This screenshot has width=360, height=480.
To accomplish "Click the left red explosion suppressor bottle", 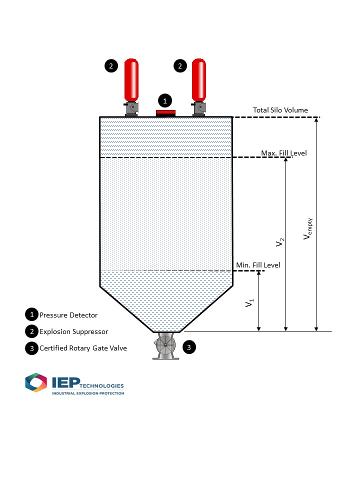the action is click(x=131, y=80).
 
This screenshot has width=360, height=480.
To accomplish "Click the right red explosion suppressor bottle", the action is click(x=199, y=80).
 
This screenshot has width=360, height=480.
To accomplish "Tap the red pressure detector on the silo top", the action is click(x=165, y=113).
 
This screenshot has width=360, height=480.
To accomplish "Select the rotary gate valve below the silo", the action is click(x=165, y=345).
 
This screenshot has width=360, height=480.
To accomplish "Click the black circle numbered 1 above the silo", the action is click(x=165, y=100).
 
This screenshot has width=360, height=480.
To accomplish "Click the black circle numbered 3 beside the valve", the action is click(x=189, y=347).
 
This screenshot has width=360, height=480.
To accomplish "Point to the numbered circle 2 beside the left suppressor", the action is click(x=111, y=66).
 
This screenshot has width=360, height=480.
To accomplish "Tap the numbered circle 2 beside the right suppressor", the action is click(x=180, y=66).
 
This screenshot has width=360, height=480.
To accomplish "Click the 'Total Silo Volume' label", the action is click(x=280, y=110).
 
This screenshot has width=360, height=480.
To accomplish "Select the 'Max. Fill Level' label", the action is click(x=284, y=153).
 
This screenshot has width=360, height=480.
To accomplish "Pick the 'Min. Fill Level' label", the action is click(x=258, y=265).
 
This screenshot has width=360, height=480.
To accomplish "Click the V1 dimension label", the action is click(x=249, y=303).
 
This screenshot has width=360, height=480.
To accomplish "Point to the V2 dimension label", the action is click(x=280, y=242).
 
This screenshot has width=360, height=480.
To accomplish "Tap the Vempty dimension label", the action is click(x=307, y=228).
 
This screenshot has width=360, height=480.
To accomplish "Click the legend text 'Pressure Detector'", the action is click(x=68, y=315).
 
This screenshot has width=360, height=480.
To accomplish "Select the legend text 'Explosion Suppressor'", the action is click(x=74, y=331).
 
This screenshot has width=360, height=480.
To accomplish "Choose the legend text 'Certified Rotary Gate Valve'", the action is click(x=83, y=348).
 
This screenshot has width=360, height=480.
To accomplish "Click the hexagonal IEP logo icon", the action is click(x=36, y=382).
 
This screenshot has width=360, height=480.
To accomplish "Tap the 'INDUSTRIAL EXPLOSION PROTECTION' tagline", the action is click(x=88, y=393).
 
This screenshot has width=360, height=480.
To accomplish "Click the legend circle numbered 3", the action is click(x=32, y=348).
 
